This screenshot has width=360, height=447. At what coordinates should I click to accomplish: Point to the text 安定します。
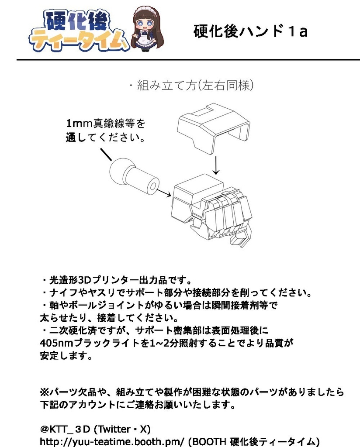click(66, 356)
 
